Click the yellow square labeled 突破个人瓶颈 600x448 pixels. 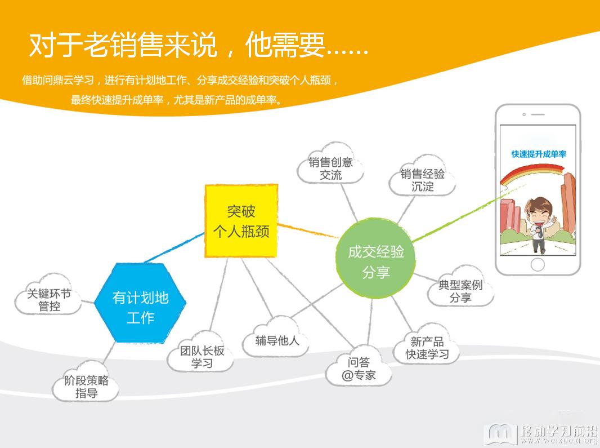[x=241, y=221]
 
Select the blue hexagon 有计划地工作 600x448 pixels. [x=140, y=303]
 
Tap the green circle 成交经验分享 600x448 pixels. [x=375, y=258]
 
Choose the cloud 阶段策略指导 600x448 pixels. [x=86, y=382]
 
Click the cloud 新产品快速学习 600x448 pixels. [x=427, y=344]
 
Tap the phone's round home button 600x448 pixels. [x=538, y=264]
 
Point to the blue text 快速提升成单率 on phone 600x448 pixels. [x=539, y=154]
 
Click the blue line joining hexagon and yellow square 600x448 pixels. [x=174, y=247]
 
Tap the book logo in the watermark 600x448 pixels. [x=500, y=433]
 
